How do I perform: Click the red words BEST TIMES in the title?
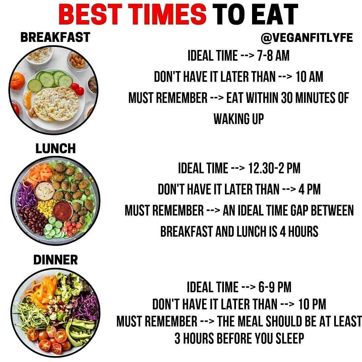(x=132, y=14)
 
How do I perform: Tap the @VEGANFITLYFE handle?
(x=307, y=38)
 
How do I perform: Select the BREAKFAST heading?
(x=55, y=38)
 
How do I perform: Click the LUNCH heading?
(x=56, y=148)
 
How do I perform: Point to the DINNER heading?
(x=56, y=260)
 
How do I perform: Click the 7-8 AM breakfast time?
(x=273, y=56)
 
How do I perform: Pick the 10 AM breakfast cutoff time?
(x=309, y=77)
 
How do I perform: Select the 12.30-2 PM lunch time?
(x=274, y=168)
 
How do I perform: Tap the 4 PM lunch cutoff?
(x=309, y=189)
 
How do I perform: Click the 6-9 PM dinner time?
(x=275, y=287)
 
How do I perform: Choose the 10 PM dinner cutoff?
(x=312, y=304)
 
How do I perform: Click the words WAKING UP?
(x=239, y=119)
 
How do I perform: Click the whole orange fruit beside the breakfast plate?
(x=17, y=81)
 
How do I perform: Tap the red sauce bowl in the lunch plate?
(x=63, y=211)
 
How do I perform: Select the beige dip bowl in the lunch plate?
(x=45, y=191)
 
